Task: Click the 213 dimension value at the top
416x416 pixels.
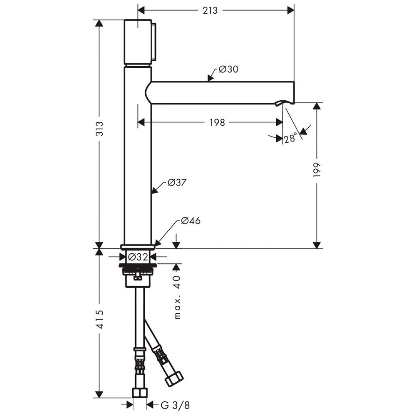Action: pyautogui.click(x=210, y=10)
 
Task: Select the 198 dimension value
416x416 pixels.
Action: pyautogui.click(x=217, y=122)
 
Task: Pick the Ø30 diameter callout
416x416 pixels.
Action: pyautogui.click(x=228, y=69)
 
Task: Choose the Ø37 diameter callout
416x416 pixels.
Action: pyautogui.click(x=177, y=183)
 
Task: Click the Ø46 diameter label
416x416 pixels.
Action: pyautogui.click(x=191, y=221)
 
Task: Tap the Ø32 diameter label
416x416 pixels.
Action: pyautogui.click(x=137, y=257)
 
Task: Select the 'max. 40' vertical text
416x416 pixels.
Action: pyautogui.click(x=178, y=297)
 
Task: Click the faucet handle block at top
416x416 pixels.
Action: pyautogui.click(x=138, y=42)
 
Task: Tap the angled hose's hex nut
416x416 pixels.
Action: pyautogui.click(x=173, y=380)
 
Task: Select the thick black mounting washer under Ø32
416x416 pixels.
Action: pyautogui.click(x=138, y=265)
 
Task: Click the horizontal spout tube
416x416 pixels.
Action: pyautogui.click(x=220, y=93)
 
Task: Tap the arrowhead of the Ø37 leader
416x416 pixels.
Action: pyautogui.click(x=153, y=191)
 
